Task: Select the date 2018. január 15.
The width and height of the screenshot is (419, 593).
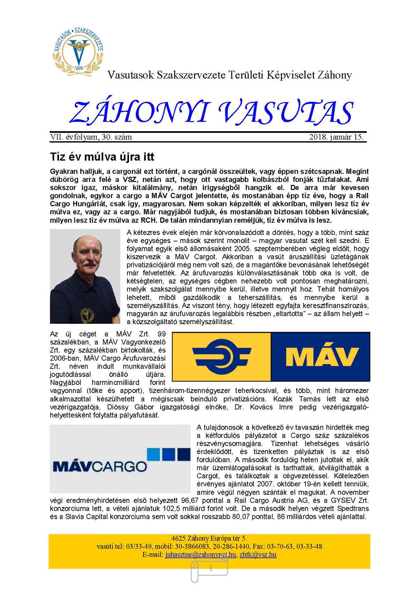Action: [x=336, y=137]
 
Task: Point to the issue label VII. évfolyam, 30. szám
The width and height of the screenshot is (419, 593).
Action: [x=91, y=137]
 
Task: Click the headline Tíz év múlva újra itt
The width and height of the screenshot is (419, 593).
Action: [x=102, y=157]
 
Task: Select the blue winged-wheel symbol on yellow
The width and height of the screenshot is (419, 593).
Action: [x=222, y=356]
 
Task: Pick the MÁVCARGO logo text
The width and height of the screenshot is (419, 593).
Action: [x=100, y=466]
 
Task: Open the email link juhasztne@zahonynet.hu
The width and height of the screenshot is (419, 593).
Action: [x=201, y=555]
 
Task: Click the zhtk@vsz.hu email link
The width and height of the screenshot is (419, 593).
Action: [x=258, y=555]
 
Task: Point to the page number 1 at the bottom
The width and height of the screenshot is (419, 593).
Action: [x=211, y=569]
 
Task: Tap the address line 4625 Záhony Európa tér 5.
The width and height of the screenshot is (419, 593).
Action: [x=209, y=538]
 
